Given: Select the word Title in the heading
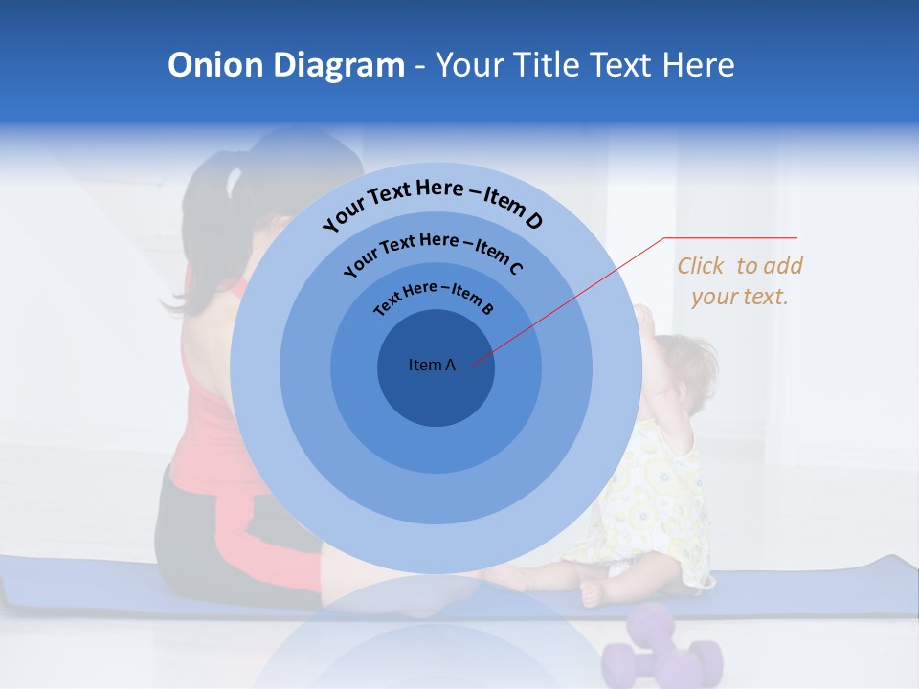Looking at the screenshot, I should point(549,65).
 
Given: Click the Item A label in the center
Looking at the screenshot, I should point(432,365).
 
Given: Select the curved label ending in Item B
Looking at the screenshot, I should point(434,296).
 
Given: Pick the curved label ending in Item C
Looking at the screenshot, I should point(433,253).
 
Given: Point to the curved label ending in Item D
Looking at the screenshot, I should point(433,203).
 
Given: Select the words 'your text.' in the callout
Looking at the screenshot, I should point(739,297).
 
